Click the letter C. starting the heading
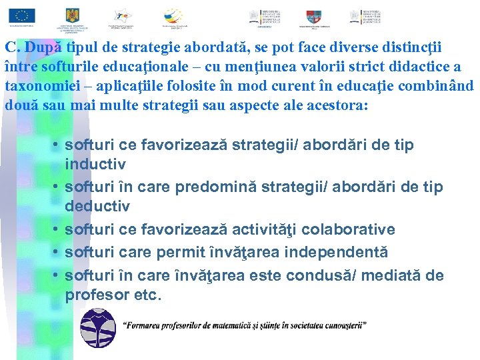pyautogui.click(x=12, y=48)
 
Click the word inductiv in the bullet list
pyautogui.click(x=95, y=163)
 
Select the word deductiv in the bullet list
pyautogui.click(x=97, y=207)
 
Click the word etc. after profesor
pyautogui.click(x=148, y=294)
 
